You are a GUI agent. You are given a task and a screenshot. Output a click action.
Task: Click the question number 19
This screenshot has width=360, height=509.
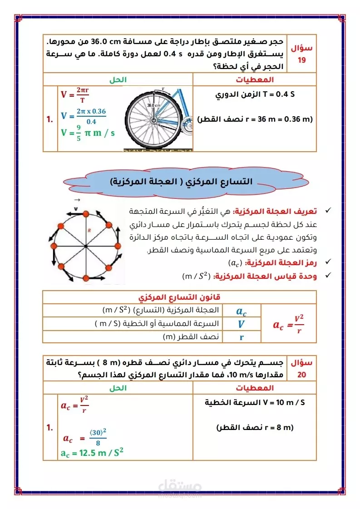click(302, 59)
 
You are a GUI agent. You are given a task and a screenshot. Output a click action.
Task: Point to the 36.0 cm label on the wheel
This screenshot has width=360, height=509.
click(153, 105)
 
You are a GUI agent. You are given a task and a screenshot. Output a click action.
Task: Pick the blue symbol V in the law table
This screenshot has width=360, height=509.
click(241, 324)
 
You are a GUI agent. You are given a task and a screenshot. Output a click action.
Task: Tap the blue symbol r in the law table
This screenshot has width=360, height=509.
click(241, 337)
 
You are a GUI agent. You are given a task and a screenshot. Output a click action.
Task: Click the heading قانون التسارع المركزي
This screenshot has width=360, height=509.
click(179, 297)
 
